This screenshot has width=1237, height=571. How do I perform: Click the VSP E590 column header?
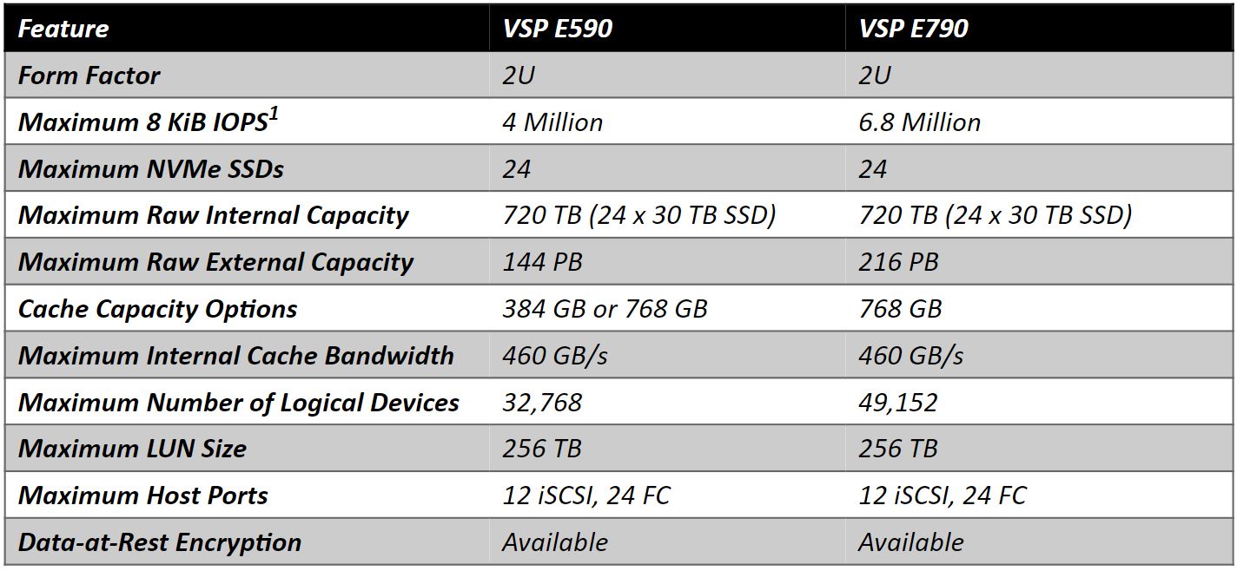click(558, 29)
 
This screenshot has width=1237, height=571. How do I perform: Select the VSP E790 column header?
click(914, 29)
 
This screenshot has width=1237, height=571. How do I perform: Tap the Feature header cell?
click(63, 29)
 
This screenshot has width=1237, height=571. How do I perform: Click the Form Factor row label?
click(89, 75)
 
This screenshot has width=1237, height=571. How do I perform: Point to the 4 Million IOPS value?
click(552, 122)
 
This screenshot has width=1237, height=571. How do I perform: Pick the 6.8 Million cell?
click(920, 122)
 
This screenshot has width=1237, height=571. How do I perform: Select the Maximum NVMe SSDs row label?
click(151, 169)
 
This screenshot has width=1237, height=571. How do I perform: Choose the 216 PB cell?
click(899, 262)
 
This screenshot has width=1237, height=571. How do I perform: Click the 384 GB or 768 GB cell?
click(605, 309)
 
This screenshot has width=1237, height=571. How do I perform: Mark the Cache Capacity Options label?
click(158, 309)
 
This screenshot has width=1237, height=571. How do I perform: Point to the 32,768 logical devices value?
click(542, 403)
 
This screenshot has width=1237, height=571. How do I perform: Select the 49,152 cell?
click(898, 403)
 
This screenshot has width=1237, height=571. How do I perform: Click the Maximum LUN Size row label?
click(132, 449)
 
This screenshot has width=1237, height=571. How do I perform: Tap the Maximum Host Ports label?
click(143, 496)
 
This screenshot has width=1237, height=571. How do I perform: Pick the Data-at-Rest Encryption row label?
click(160, 542)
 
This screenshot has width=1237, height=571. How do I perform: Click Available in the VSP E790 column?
click(911, 542)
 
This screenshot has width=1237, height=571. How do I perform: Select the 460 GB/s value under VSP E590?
click(555, 356)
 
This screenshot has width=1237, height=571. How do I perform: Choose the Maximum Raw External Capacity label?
click(215, 262)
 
